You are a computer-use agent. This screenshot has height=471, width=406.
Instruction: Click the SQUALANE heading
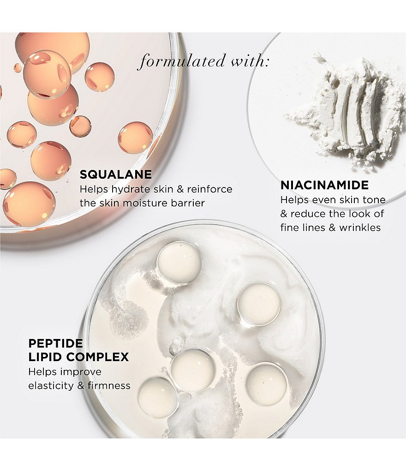coord(115,175)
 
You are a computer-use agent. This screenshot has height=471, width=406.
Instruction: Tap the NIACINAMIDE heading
coord(324,185)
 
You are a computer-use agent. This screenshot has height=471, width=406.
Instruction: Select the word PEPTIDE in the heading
coord(55,343)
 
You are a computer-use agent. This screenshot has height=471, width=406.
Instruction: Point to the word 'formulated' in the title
coord(181,61)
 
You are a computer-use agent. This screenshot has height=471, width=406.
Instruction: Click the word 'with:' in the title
coord(250,61)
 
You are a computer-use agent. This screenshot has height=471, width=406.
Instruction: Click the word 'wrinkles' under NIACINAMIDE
coord(360,228)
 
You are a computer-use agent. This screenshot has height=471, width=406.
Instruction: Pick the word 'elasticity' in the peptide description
coord(51,386)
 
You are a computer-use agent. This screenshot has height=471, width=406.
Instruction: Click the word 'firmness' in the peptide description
coord(109,386)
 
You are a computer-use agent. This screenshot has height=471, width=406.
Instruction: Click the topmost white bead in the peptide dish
coord(179,262)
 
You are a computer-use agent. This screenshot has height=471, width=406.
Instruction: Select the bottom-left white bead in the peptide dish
coord(158,398)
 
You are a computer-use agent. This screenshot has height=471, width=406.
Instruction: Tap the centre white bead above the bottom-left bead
coord(193,370)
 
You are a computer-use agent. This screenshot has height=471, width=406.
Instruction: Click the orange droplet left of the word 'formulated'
coord(100,77)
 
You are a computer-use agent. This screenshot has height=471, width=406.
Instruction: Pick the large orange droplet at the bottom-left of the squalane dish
coord(29,204)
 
